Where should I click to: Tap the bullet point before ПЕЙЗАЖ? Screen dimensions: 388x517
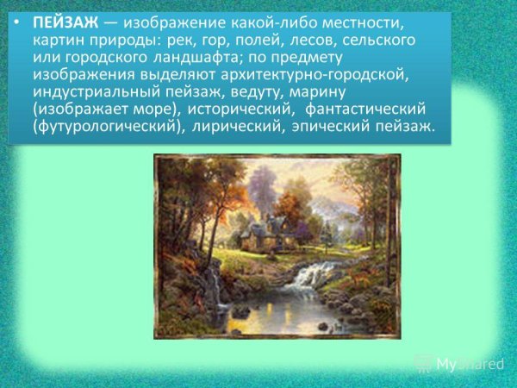(x=20, y=22)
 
